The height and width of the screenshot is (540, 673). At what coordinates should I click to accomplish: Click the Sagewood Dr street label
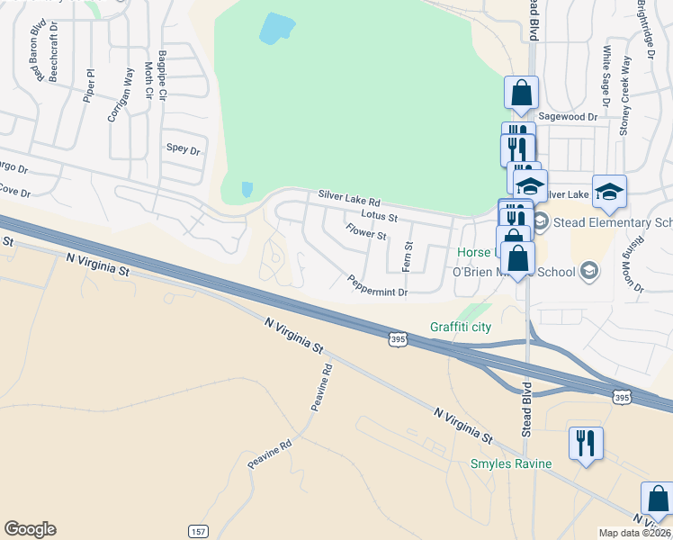(568, 117)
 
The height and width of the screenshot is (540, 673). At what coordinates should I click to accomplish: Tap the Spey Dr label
(183, 149)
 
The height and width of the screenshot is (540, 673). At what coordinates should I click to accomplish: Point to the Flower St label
(366, 233)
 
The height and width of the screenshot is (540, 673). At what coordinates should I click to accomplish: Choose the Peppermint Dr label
(378, 287)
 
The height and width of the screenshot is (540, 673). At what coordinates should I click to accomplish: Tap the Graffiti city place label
(461, 327)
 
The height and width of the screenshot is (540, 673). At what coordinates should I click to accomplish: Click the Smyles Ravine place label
(511, 464)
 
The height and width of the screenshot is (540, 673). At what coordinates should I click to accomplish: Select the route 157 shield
(199, 532)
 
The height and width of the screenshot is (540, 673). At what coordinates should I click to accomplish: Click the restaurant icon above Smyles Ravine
(586, 443)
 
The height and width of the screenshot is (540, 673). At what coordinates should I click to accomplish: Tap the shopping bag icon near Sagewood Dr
(521, 93)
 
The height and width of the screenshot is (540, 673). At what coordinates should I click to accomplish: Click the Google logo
(30, 529)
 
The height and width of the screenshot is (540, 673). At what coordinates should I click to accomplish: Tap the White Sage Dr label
(606, 76)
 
